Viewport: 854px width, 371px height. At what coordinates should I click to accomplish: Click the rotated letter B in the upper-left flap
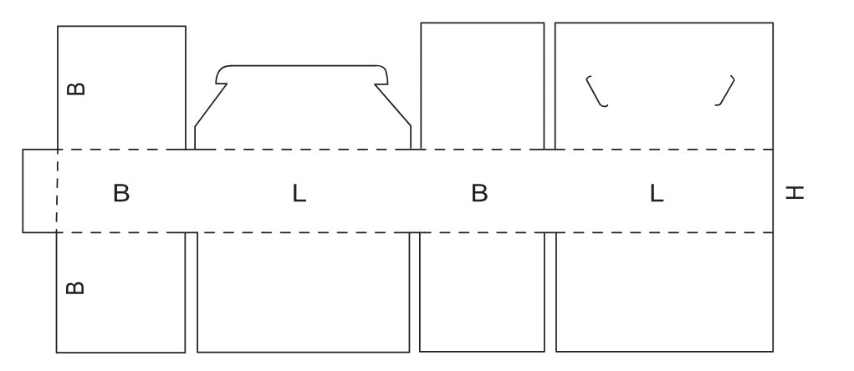tap(75, 88)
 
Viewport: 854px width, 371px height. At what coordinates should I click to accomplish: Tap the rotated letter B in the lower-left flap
tap(75, 287)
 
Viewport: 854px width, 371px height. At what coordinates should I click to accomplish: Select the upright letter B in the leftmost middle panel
tap(121, 193)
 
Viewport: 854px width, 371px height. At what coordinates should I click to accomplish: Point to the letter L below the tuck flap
tap(299, 194)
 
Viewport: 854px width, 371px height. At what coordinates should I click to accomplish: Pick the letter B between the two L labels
tap(479, 193)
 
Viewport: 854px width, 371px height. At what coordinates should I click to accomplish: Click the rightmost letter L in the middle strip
tap(657, 194)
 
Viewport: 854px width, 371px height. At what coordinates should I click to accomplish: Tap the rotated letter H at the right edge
tap(795, 193)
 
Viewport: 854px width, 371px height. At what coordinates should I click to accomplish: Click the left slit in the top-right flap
tap(596, 91)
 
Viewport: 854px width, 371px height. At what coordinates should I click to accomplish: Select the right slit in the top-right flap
tap(726, 91)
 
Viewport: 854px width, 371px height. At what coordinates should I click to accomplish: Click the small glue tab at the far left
tap(39, 191)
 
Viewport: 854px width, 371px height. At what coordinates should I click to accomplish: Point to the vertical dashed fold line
tap(57, 191)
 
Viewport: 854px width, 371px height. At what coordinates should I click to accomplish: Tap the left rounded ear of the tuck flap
tap(222, 76)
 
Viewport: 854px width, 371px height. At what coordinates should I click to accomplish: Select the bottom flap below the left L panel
tap(304, 292)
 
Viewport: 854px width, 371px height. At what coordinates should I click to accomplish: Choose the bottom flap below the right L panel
tap(664, 292)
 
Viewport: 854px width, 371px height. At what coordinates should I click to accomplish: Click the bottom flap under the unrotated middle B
tap(482, 292)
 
